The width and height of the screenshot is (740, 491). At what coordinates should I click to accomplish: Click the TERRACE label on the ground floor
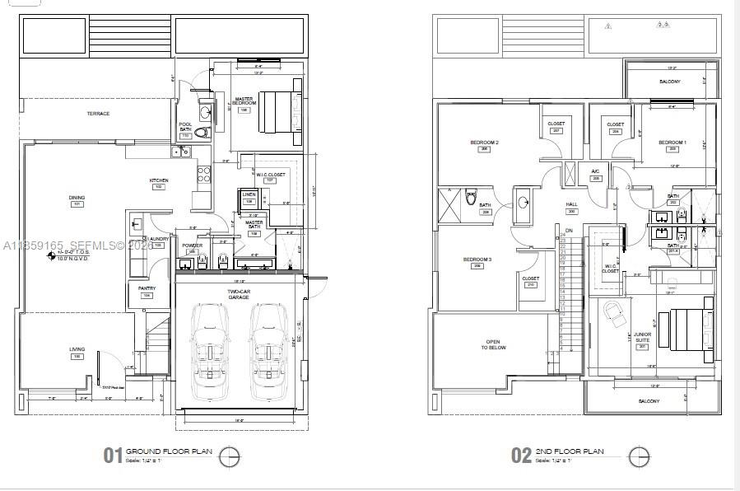coord(98,114)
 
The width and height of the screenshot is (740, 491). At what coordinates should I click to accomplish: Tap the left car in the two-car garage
coord(209,345)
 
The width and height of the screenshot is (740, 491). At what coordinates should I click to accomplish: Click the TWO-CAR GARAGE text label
coord(239,294)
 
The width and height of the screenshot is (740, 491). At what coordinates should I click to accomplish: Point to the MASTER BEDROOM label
coord(244,101)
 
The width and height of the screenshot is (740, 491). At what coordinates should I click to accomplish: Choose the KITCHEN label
coord(158,180)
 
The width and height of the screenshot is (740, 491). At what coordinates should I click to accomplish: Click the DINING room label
coord(77,198)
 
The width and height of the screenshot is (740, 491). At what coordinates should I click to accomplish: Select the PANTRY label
coord(147,288)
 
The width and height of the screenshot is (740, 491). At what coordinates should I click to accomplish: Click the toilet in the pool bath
coord(204,131)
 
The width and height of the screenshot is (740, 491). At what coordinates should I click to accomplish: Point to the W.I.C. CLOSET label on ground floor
coord(269,174)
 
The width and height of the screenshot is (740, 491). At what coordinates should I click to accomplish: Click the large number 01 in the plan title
coord(113,455)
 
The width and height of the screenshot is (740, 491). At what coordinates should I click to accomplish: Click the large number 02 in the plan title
coord(522,455)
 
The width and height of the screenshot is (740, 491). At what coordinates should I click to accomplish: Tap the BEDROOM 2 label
coord(485,143)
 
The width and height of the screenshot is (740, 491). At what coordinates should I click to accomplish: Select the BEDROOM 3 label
coord(477,260)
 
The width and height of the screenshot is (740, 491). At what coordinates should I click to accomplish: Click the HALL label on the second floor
coord(570,204)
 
